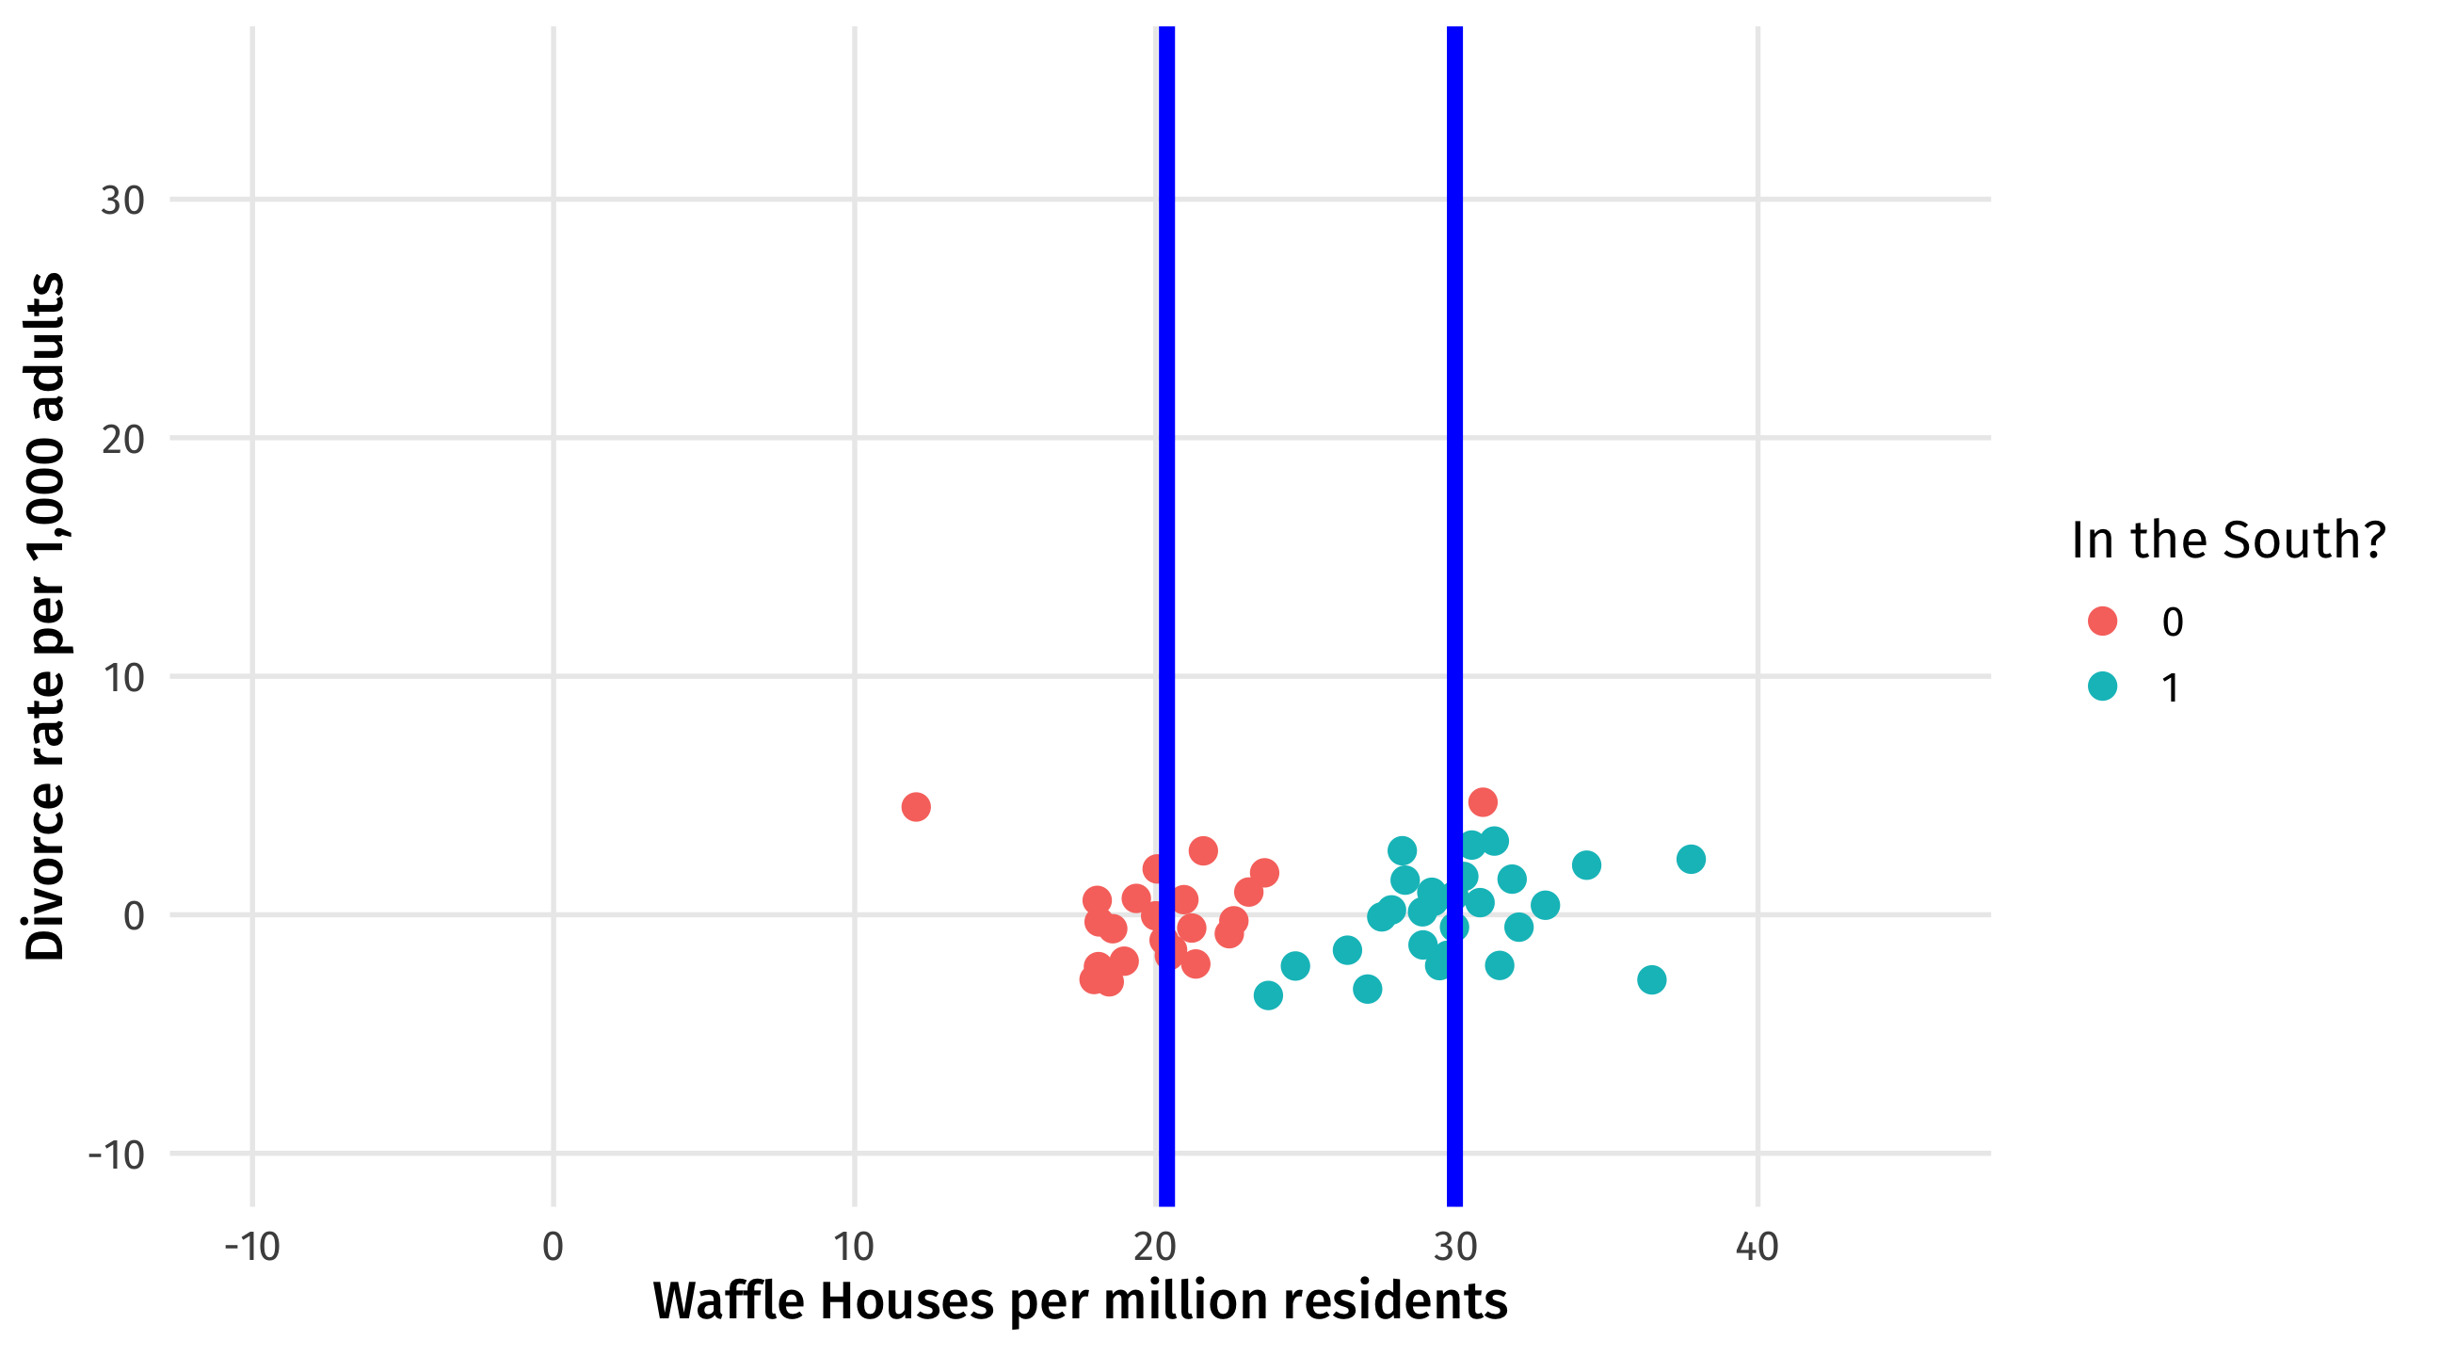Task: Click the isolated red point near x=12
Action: tap(915, 806)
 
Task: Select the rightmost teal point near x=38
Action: tap(1691, 859)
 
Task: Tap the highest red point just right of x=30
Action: tap(1483, 801)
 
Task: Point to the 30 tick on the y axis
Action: tap(122, 201)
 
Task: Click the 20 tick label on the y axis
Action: tap(122, 440)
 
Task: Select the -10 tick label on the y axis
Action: tap(117, 1155)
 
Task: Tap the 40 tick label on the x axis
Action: tap(1758, 1247)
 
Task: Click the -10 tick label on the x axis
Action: tap(252, 1247)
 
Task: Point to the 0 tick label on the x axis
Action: tap(554, 1247)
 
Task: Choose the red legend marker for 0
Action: tap(2102, 621)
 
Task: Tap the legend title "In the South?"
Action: tap(2228, 541)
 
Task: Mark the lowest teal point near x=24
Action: tap(1267, 995)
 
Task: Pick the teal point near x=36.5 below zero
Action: tap(1651, 978)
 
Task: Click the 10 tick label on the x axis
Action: tap(855, 1247)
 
